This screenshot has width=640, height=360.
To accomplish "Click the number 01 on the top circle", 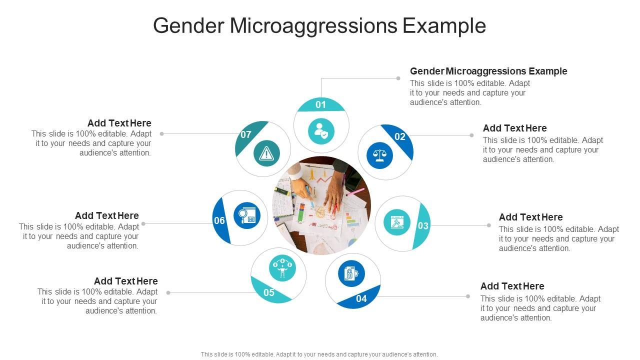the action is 320,104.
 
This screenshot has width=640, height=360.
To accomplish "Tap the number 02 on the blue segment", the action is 400,137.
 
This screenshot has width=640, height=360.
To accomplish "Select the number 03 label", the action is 423,226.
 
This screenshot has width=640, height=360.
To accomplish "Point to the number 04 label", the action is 361,299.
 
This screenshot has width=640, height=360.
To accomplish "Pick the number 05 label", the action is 269,292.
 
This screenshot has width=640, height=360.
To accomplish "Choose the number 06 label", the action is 219,220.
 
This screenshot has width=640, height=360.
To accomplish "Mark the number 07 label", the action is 245,134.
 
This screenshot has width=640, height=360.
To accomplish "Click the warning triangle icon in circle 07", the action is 266,153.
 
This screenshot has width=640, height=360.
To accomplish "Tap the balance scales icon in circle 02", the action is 380,155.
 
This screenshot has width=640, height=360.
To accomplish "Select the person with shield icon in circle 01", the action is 321,131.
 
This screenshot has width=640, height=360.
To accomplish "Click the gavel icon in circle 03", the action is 397,222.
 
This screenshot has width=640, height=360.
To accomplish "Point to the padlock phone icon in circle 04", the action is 351,273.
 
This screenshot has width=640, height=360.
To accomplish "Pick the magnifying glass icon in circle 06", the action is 247,215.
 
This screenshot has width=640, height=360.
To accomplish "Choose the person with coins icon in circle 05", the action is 282,267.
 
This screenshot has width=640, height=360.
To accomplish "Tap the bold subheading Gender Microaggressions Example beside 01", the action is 488,71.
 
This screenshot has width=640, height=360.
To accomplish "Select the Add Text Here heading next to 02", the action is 514,128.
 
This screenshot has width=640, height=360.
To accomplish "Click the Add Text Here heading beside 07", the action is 119,123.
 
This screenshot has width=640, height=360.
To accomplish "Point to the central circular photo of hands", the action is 321,205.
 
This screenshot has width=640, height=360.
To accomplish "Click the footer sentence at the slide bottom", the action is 319,354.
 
